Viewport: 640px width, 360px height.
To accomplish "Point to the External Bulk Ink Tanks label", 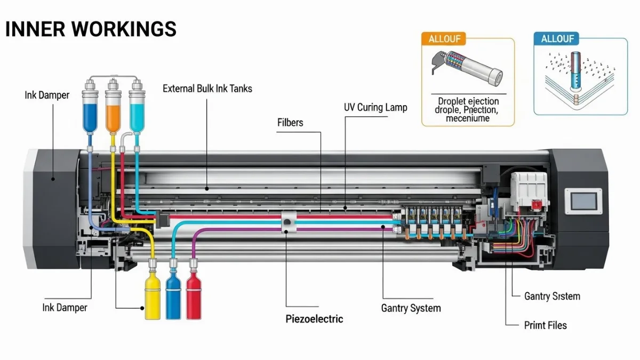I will point(207,89).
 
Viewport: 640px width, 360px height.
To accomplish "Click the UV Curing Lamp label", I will point(375,107).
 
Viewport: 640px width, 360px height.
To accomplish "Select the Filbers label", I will point(290,123).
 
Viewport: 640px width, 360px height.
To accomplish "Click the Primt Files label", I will point(546,325).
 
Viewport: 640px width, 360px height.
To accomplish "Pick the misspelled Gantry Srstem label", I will point(552,296).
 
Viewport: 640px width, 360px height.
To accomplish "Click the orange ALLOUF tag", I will point(444,39).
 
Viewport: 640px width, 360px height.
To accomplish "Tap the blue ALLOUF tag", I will point(557,39).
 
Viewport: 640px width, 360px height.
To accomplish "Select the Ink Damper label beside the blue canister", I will point(47,95).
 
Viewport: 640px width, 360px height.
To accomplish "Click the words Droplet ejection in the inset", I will point(468,101).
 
